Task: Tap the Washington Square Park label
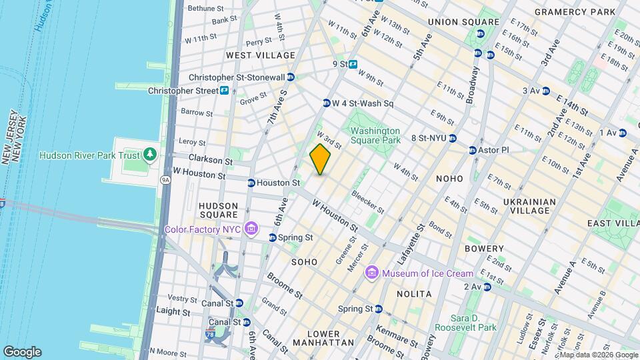point(375,136)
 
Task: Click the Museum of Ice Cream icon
point(372,273)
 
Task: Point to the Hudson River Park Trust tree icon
point(150,155)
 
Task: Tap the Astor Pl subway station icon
point(473,151)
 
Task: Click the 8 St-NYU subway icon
point(452,139)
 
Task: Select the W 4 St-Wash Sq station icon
point(327,103)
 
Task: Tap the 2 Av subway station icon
point(487,287)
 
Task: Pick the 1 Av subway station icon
point(622,133)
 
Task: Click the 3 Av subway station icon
point(546,91)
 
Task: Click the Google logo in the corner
point(22,352)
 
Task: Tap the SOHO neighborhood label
point(305,262)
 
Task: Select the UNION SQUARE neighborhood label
point(463,22)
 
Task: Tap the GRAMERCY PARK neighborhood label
point(575,12)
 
